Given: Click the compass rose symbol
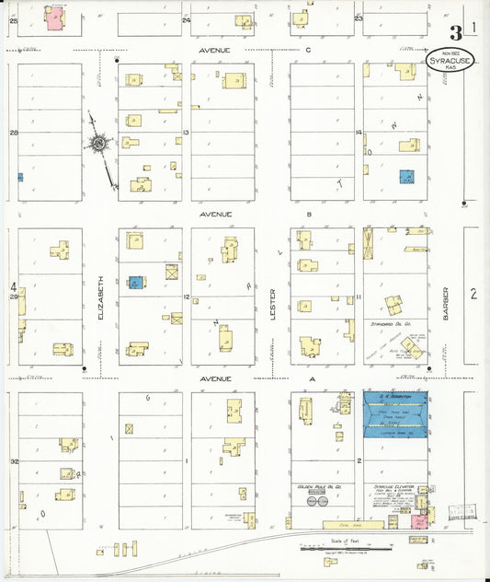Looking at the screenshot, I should pos(97,143).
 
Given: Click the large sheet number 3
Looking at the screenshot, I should pos(457,29).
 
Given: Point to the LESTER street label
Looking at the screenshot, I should pos(273,300).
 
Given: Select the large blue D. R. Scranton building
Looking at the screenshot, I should pos(395,411).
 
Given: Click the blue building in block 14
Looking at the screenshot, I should pos(405,176).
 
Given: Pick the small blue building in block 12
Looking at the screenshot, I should pos(135,283).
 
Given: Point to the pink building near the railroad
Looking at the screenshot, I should pos(419,520).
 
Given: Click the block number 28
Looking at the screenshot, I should pos(14,134).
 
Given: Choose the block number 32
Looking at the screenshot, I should pos(14,460).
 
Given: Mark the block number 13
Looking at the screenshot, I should pos(186,134).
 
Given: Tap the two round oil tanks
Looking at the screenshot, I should pos(317,502).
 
